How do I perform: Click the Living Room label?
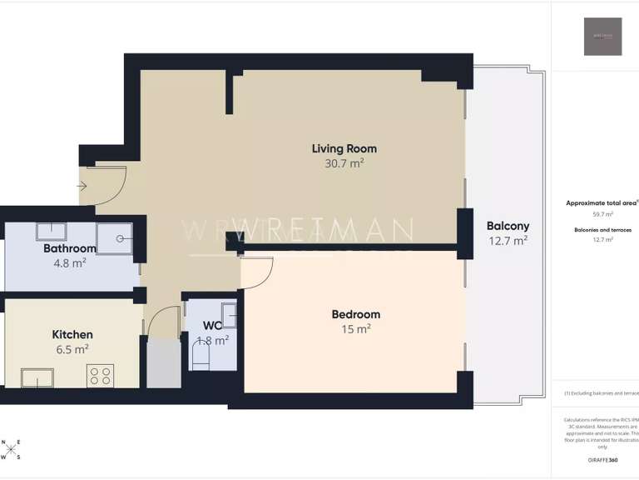[x=344, y=149]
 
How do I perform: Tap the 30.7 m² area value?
[x=344, y=164]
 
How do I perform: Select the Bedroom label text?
[x=355, y=314]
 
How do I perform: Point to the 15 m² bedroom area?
[x=355, y=329]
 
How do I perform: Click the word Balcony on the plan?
[x=508, y=226]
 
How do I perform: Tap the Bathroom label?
[x=70, y=248]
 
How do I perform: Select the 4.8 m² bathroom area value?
[x=70, y=263]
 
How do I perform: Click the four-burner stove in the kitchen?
[x=101, y=377]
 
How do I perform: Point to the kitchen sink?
[x=37, y=377]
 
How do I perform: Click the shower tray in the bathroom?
[x=120, y=238]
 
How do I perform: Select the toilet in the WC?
[x=201, y=357]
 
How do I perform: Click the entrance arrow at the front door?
[x=83, y=187]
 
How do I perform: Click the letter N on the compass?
[x=3, y=443]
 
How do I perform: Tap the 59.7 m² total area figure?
[x=602, y=214]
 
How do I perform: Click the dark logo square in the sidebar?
[x=602, y=37]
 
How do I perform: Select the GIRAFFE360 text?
[x=602, y=460]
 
